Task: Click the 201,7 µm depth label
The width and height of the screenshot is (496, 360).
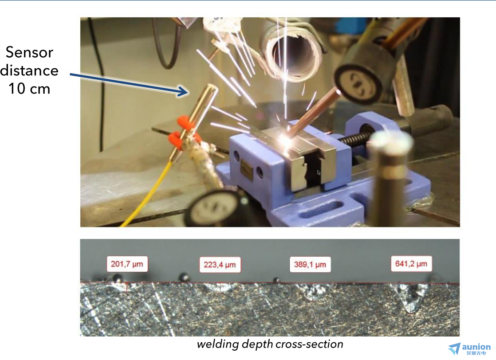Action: point(127,264)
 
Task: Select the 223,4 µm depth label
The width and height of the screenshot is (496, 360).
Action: point(220,265)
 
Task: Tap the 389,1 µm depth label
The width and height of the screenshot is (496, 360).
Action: point(310,264)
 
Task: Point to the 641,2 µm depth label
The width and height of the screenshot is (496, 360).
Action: point(411,264)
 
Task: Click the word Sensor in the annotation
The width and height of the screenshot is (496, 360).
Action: point(29,52)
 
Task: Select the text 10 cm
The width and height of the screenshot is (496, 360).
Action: point(29,89)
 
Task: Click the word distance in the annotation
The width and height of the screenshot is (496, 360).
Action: point(29,70)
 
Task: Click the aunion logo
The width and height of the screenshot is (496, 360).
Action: point(469,349)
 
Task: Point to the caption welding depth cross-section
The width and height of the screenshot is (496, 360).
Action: point(270,344)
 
